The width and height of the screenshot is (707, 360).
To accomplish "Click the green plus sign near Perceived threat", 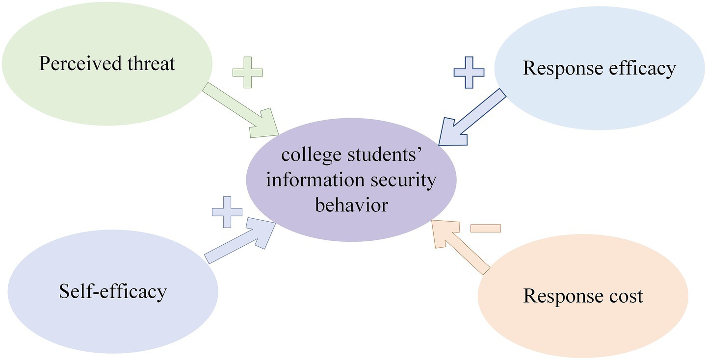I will click(248, 73).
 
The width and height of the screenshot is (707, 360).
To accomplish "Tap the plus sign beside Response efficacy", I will click(469, 73).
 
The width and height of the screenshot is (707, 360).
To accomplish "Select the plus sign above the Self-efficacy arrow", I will click(227, 212).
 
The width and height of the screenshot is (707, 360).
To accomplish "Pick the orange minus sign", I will click(486, 228).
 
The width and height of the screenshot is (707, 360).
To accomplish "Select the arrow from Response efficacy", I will click(471, 118).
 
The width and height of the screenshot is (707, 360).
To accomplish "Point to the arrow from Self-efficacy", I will click(240, 239).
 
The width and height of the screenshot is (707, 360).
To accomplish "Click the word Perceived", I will click(80, 64).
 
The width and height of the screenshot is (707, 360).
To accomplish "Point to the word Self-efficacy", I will click(113, 292).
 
